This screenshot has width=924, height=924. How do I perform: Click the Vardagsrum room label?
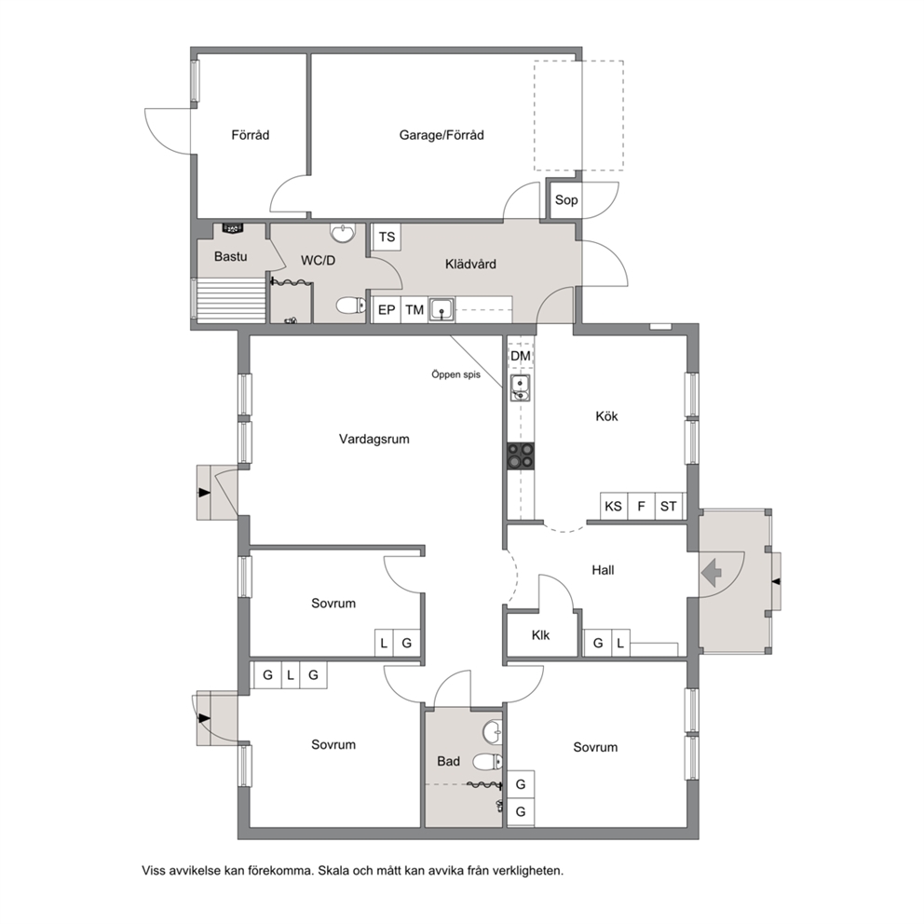(x=374, y=439)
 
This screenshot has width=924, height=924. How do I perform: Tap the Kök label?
(x=606, y=416)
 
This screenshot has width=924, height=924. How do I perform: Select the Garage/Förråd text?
(x=442, y=135)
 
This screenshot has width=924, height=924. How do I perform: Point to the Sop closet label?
(x=566, y=199)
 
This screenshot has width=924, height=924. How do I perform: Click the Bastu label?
(x=230, y=256)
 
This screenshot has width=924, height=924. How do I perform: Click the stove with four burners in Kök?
(x=521, y=456)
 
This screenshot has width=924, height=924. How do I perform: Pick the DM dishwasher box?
(x=521, y=356)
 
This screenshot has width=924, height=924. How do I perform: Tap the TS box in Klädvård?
(x=387, y=237)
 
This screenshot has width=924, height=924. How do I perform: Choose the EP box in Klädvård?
(x=387, y=309)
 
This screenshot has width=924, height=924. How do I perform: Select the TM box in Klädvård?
(x=414, y=309)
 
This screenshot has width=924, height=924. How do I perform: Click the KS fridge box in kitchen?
(x=614, y=506)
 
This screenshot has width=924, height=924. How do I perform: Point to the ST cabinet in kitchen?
(x=669, y=506)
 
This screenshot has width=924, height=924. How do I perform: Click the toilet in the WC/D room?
(x=351, y=306)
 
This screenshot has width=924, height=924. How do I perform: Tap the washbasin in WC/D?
(x=343, y=234)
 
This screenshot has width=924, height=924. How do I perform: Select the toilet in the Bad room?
(x=488, y=762)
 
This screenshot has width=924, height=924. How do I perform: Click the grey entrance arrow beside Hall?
(x=712, y=572)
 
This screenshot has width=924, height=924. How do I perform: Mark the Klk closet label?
(x=540, y=635)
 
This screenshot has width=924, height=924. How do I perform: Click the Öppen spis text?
(x=455, y=374)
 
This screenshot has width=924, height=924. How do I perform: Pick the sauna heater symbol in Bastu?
(x=232, y=228)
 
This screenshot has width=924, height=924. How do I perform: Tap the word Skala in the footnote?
(x=333, y=870)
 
